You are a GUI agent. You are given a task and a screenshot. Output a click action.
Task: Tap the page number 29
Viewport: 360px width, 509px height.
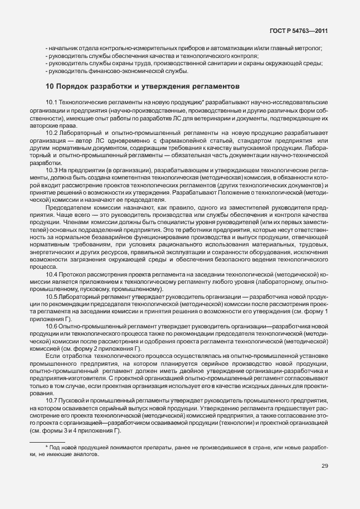(x=324, y=466)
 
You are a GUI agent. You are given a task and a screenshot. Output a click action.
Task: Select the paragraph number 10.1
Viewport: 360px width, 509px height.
(x=52, y=103)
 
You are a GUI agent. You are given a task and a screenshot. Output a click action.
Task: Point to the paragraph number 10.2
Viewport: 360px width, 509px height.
(x=52, y=133)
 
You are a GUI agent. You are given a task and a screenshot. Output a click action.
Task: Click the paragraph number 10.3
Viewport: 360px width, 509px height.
(x=52, y=169)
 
